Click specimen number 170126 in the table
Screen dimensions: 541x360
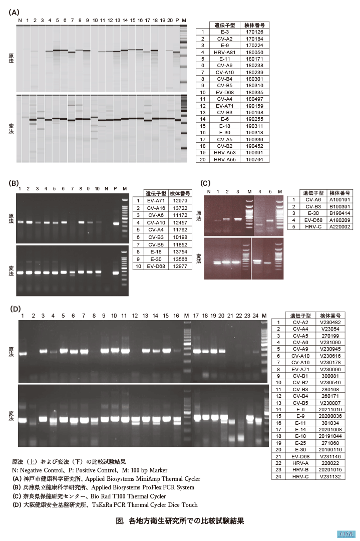(255, 32)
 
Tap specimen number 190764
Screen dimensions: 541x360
(255, 159)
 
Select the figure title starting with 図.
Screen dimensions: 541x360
(180, 521)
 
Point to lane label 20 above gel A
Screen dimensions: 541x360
(170, 20)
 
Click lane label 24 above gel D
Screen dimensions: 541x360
(256, 316)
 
